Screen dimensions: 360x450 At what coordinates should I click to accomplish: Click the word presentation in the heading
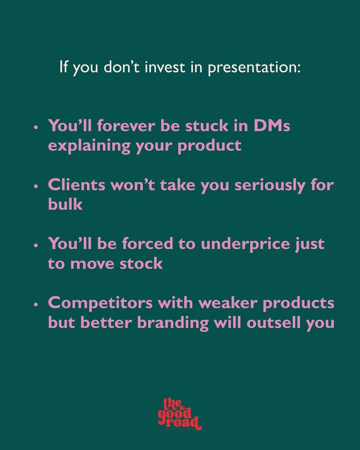point(254,68)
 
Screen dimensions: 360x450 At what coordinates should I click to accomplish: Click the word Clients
point(77,185)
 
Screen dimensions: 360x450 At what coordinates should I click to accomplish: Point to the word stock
point(141,263)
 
